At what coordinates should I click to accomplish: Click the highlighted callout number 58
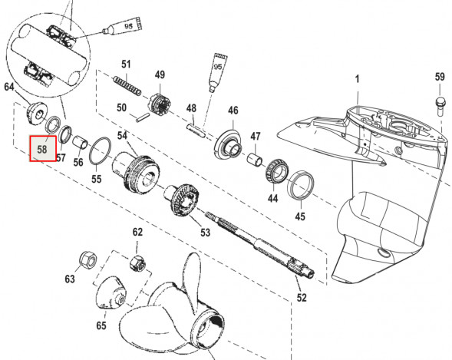pyautogui.click(x=42, y=150)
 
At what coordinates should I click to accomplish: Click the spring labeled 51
pyautogui.click(x=127, y=86)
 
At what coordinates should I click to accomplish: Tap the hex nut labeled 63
pyautogui.click(x=88, y=261)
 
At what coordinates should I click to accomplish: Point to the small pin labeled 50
pyautogui.click(x=143, y=117)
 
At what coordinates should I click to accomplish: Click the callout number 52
pyautogui.click(x=302, y=297)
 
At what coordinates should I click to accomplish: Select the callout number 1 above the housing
pyautogui.click(x=358, y=79)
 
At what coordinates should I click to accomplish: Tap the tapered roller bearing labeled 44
pyautogui.click(x=277, y=173)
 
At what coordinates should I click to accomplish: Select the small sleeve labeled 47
pyautogui.click(x=255, y=160)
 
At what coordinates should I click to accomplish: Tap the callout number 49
pyautogui.click(x=160, y=74)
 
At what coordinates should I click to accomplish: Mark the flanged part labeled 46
pyautogui.click(x=228, y=144)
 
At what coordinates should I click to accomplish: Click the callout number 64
pyautogui.click(x=9, y=87)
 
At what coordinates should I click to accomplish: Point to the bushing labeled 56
pyautogui.click(x=80, y=143)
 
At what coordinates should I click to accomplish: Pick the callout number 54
pyautogui.click(x=122, y=135)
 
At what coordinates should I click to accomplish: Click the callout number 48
pyautogui.click(x=191, y=108)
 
